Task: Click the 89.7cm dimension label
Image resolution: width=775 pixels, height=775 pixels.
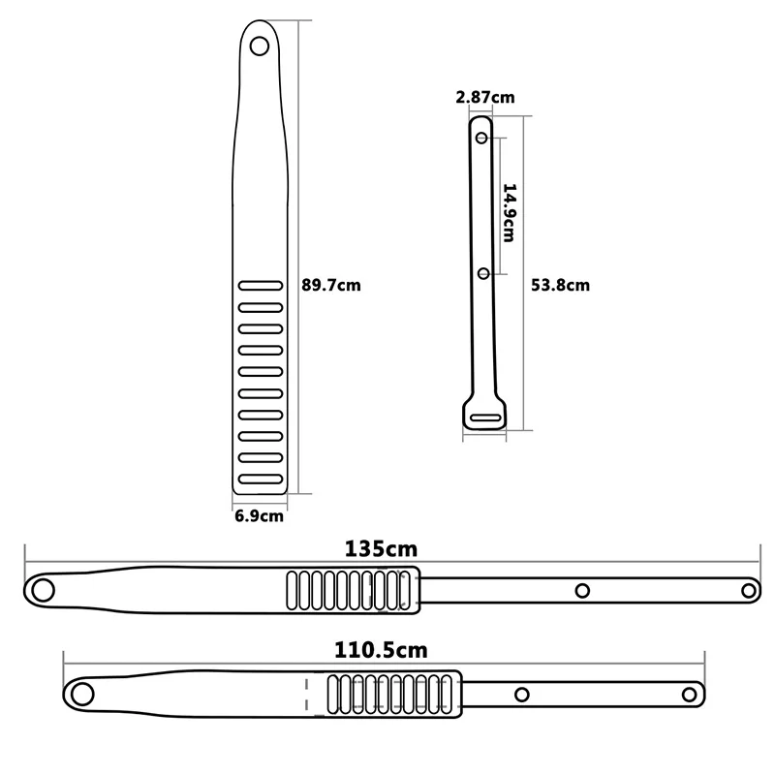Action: point(331,285)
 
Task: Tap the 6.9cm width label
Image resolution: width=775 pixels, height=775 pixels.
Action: point(259,516)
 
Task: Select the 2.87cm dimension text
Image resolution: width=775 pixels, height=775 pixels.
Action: point(485,97)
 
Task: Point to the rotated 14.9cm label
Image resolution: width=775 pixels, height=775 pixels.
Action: point(510,212)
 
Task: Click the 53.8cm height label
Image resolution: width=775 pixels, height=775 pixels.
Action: point(561,285)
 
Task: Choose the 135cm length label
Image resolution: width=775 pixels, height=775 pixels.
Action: point(381,549)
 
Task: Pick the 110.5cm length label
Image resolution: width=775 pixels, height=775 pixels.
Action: point(381,650)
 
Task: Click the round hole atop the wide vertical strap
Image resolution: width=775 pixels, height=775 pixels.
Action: point(260,46)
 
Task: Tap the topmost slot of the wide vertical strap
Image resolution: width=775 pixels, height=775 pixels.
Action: point(261,286)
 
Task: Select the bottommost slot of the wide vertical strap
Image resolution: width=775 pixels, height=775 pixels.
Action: point(261,479)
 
